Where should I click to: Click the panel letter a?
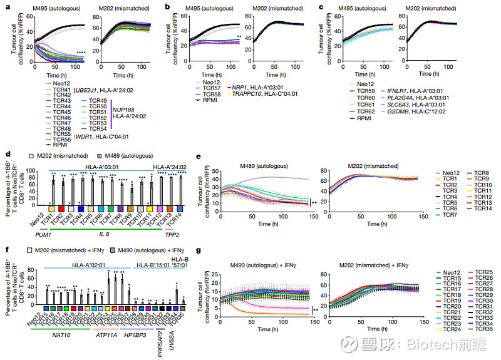click(x=5, y=8)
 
